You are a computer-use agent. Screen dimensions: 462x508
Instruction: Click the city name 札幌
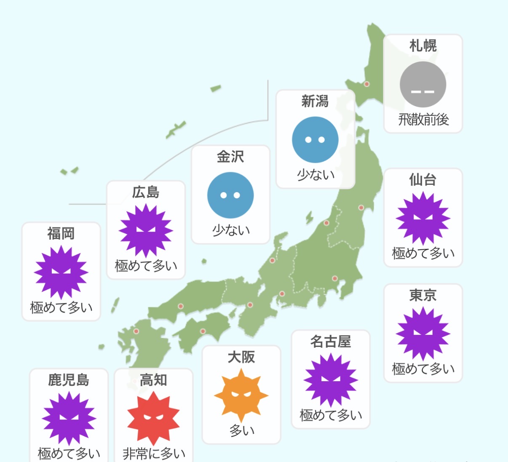click(423, 45)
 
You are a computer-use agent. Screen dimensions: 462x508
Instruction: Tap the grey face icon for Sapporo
click(423, 85)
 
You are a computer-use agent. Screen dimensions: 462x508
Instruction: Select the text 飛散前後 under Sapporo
click(423, 120)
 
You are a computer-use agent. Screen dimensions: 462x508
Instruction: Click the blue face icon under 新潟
click(315, 140)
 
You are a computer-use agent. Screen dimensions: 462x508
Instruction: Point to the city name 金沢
click(230, 157)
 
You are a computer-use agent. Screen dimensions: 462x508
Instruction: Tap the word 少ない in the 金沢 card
click(231, 230)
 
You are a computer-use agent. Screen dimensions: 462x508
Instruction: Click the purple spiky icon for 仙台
click(423, 219)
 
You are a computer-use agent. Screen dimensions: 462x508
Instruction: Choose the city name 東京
click(423, 295)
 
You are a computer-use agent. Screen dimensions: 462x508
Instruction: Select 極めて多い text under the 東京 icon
click(423, 369)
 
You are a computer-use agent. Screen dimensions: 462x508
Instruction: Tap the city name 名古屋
click(331, 342)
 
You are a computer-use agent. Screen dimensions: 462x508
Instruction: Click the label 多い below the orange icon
click(242, 430)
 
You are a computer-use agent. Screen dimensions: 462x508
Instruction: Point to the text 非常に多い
click(154, 454)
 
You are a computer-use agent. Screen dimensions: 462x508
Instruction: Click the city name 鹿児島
click(69, 380)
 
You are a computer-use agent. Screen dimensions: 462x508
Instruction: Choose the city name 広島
click(146, 192)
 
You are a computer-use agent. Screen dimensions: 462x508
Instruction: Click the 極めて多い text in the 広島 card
click(146, 266)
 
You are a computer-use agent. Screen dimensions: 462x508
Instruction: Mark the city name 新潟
click(315, 101)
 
